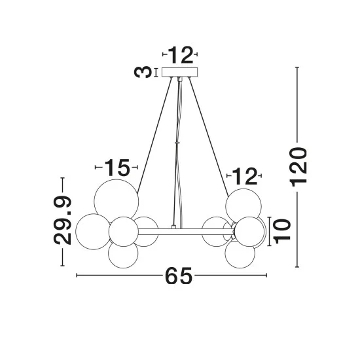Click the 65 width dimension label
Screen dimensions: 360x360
(x=179, y=276)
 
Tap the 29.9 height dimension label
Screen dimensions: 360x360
(x=62, y=221)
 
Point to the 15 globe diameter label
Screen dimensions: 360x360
(x=117, y=168)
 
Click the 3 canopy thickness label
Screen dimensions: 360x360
(x=143, y=71)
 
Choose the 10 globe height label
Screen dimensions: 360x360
(x=281, y=231)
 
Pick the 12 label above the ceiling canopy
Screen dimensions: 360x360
(x=181, y=54)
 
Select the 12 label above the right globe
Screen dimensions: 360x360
(x=245, y=176)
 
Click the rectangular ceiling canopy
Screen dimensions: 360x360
(x=179, y=72)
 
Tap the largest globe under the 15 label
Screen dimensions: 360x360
(x=117, y=201)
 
